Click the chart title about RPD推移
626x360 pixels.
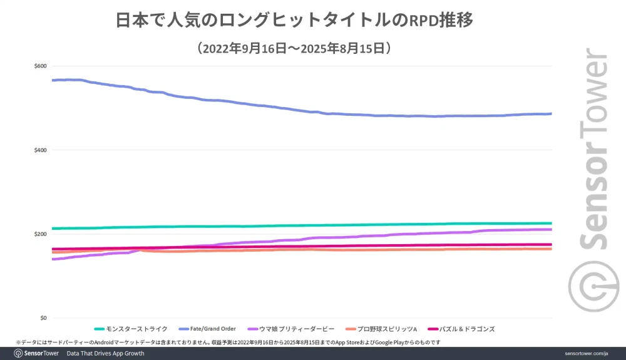click(294, 20)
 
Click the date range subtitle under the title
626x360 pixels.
click(294, 48)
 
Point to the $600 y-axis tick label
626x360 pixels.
click(41, 66)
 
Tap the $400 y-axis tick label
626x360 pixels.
click(41, 150)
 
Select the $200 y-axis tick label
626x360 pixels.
click(41, 234)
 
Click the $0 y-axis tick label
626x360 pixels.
click(43, 318)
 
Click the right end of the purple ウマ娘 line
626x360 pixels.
click(550, 229)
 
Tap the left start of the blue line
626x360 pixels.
click(54, 80)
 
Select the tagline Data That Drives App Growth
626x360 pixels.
click(105, 353)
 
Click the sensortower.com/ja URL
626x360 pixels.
click(586, 353)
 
